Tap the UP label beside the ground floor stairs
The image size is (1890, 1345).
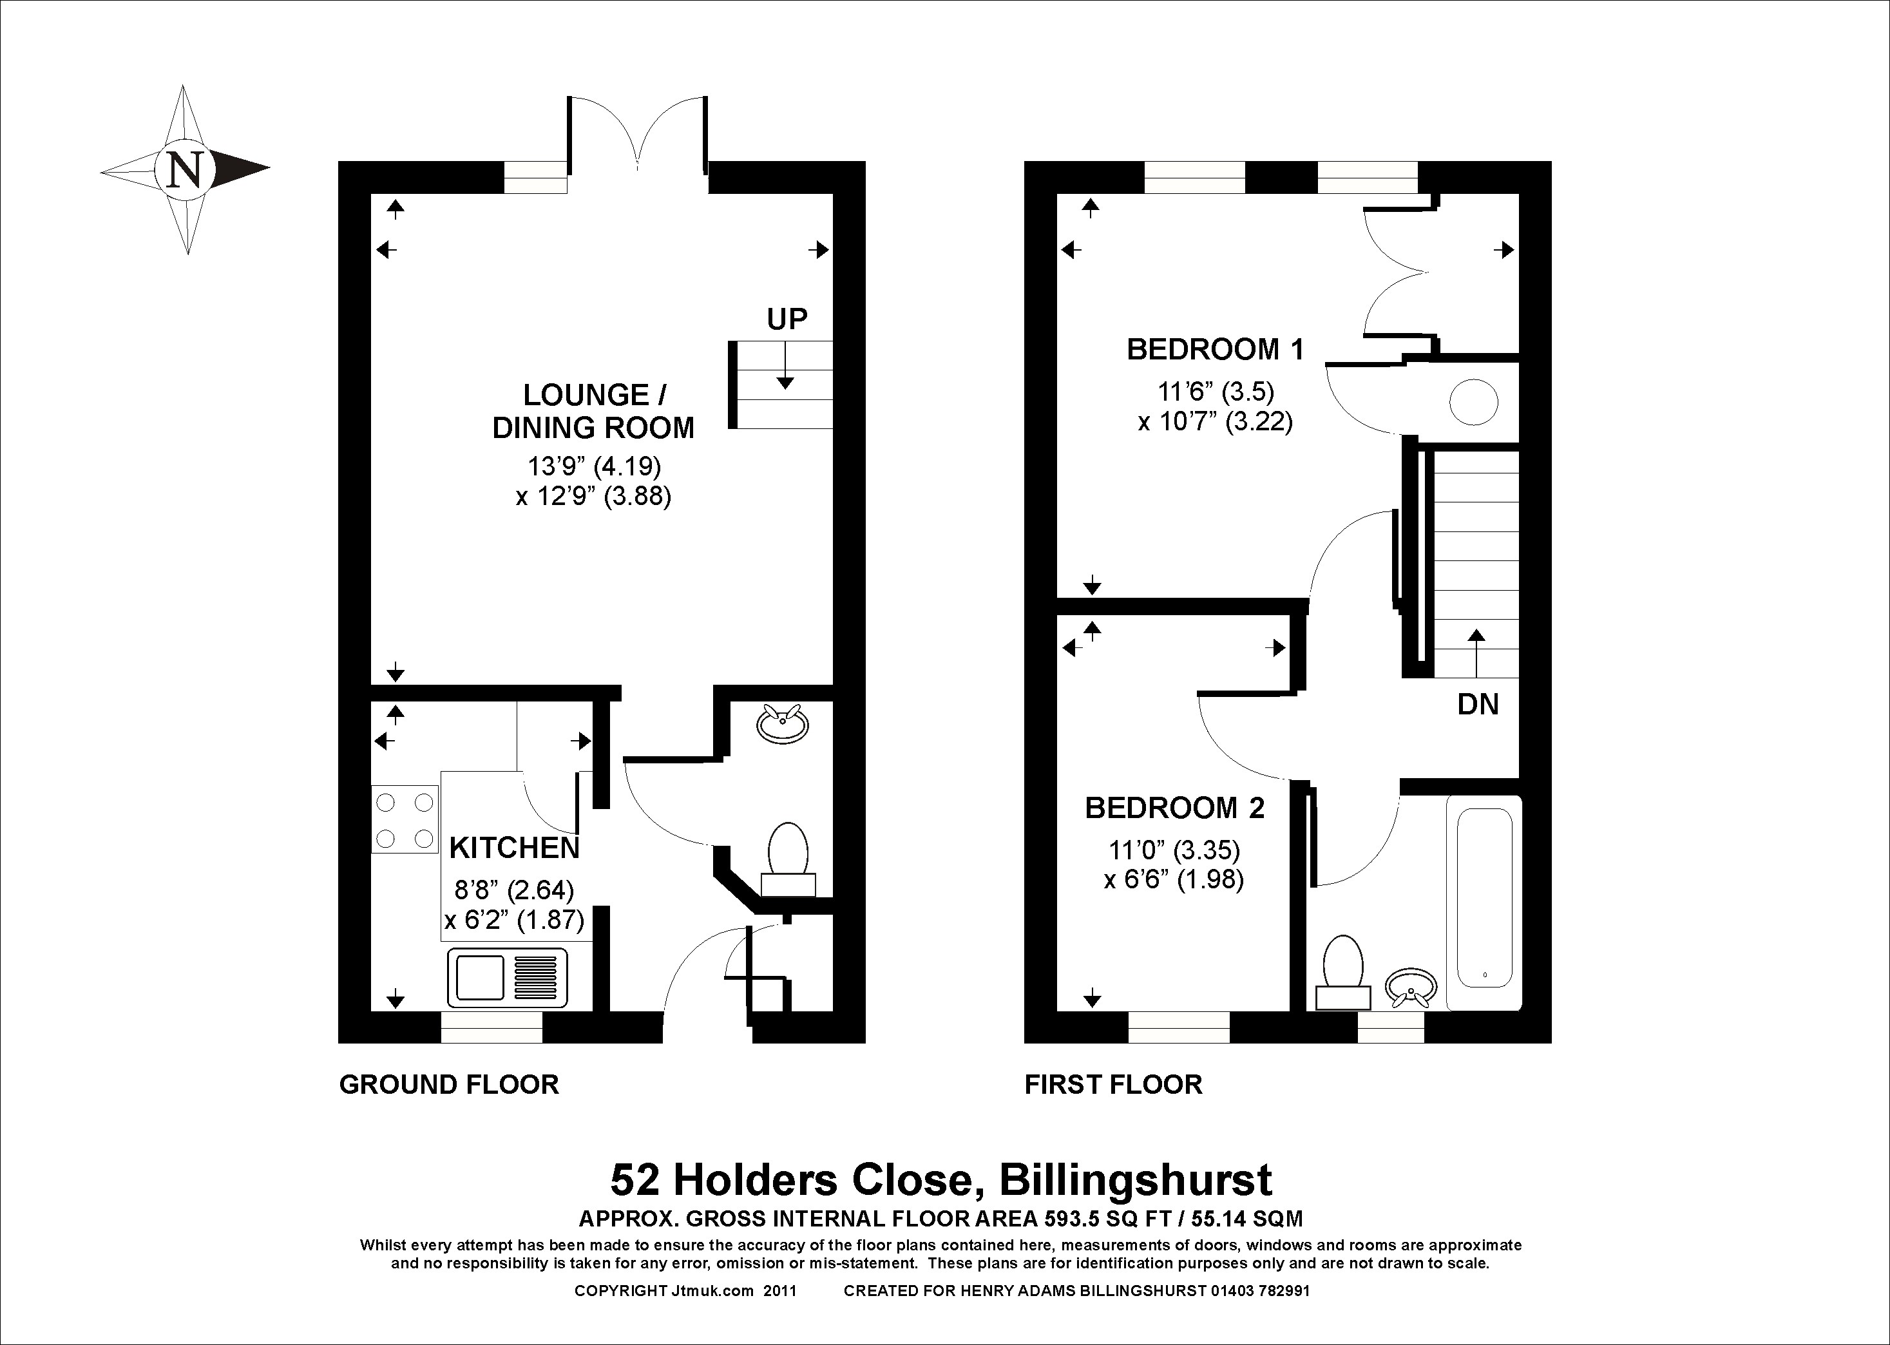click(787, 319)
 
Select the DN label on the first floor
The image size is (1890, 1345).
click(1478, 704)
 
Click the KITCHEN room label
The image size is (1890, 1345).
click(514, 848)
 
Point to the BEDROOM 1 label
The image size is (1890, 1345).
click(1215, 350)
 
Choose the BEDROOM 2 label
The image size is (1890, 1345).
click(1174, 808)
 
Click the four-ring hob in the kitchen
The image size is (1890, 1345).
click(404, 820)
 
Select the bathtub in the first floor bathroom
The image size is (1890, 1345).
click(1484, 902)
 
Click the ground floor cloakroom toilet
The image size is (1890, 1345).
click(788, 859)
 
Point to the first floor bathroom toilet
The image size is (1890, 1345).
click(1343, 971)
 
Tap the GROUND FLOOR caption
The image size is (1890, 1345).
click(449, 1085)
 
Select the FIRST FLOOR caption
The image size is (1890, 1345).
click(1113, 1085)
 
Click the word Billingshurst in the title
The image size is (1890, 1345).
click(1136, 1180)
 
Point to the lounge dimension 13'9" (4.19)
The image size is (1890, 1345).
click(595, 466)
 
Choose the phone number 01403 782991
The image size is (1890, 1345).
click(1261, 1290)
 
